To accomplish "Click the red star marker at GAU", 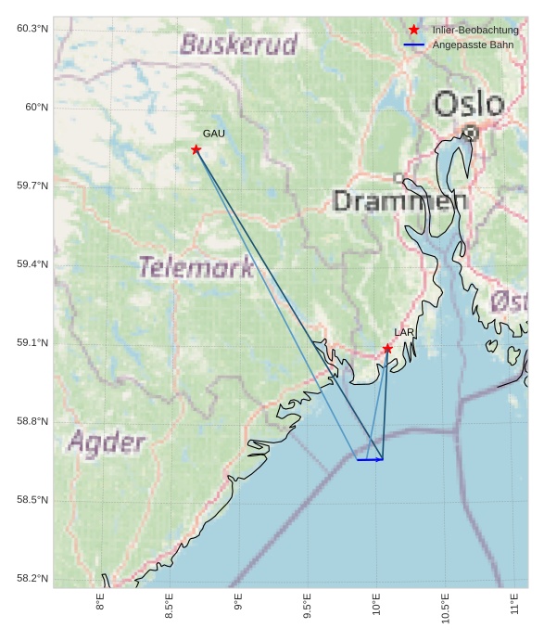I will click(196, 149).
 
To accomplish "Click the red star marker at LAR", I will click(387, 349).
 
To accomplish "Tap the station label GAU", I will click(214, 134).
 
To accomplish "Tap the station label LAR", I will click(404, 332).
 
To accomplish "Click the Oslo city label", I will click(469, 104).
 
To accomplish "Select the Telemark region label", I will click(196, 268).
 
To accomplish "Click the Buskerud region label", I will click(239, 44).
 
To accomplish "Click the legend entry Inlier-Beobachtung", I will click(475, 30).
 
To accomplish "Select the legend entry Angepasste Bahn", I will click(473, 45).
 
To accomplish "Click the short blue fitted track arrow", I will click(370, 459).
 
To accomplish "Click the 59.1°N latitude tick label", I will click(32, 343).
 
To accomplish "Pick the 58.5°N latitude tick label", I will click(32, 501).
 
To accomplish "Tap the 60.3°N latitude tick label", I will click(32, 29).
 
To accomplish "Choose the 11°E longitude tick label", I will click(515, 607).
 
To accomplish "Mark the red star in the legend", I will click(414, 30).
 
